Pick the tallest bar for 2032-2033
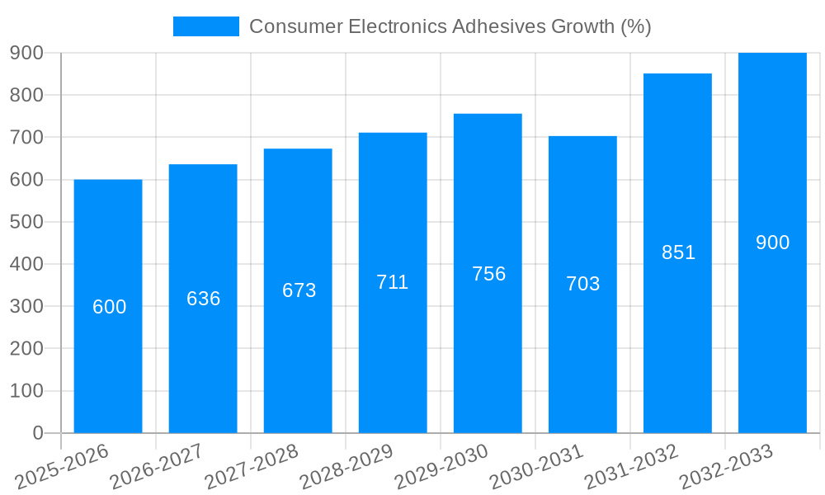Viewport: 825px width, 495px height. (772, 330)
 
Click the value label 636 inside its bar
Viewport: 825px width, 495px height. (203, 299)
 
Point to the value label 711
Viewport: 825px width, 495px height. (393, 282)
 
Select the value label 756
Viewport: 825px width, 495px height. (488, 274)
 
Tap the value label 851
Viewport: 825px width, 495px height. (678, 252)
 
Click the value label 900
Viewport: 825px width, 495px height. (772, 243)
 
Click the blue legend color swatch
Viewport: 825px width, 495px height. (205, 26)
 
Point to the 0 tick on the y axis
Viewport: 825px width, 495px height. (37, 433)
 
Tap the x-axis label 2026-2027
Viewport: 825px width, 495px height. (157, 467)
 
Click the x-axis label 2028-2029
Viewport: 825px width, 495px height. (346, 467)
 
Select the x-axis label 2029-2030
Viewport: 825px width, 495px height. (441, 467)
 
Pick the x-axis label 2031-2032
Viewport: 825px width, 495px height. (631, 467)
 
